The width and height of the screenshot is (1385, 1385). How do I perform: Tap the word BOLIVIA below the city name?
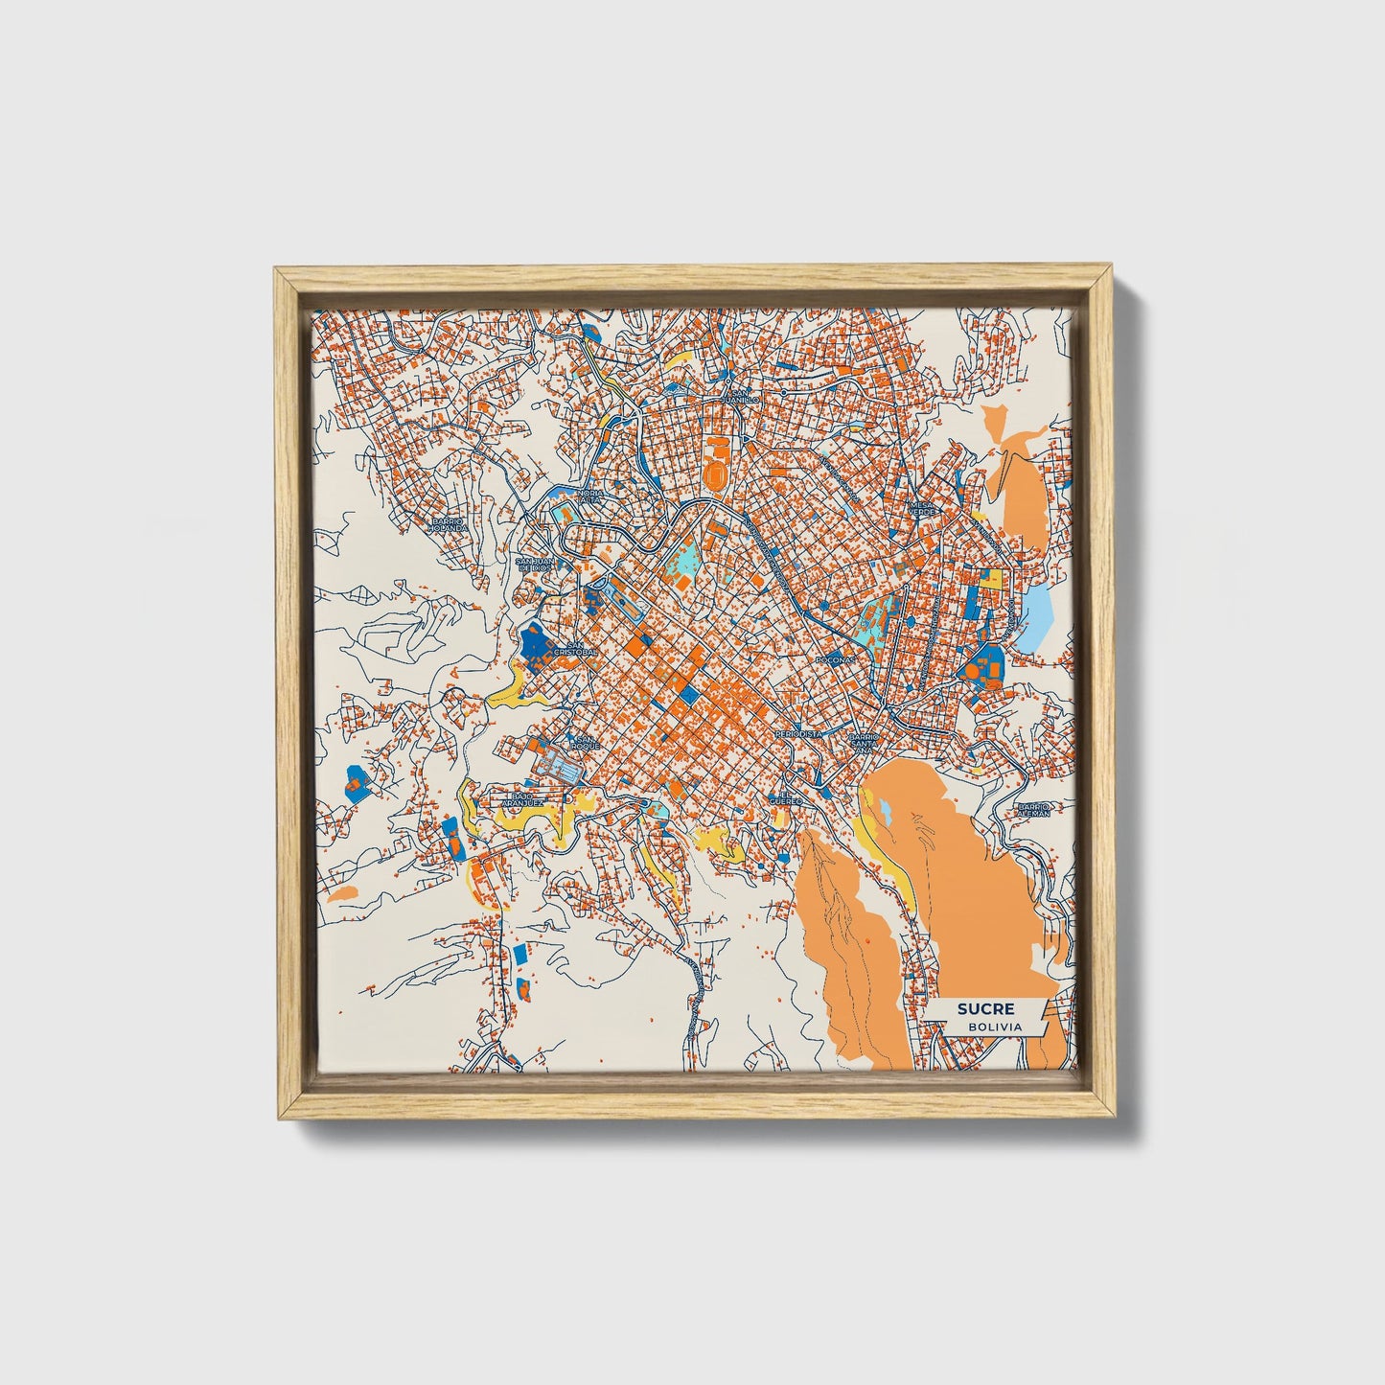pos(994,1027)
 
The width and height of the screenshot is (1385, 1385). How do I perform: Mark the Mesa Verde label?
pos(921,508)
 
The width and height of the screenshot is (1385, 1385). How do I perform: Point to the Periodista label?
pos(798,733)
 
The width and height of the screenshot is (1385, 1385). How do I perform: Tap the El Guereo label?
pos(788,797)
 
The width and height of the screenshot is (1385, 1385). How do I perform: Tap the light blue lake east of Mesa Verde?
pos(1038,613)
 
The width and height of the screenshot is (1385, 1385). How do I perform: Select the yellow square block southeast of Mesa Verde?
pos(991,578)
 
